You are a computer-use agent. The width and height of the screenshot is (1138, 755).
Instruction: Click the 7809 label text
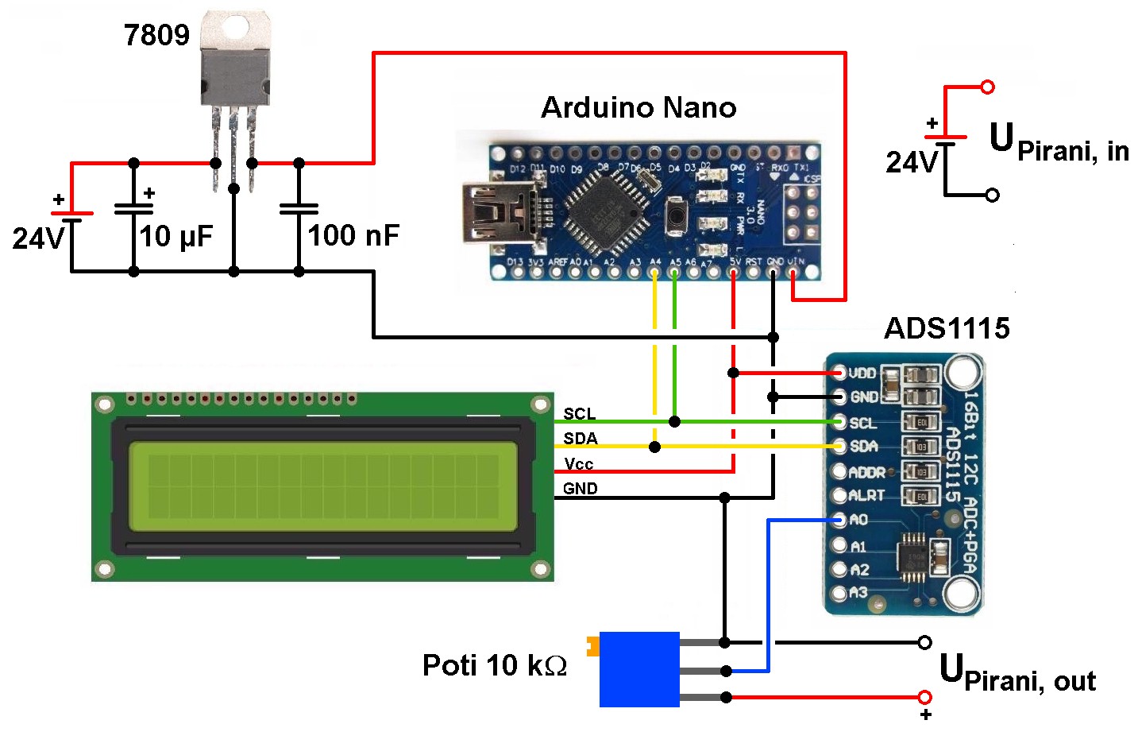tap(156, 35)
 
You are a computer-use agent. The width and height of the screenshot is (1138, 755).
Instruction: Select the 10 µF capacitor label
tap(176, 236)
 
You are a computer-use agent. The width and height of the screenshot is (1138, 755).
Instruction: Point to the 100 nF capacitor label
tap(353, 235)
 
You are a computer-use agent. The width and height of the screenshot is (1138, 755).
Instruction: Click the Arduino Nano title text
tap(638, 107)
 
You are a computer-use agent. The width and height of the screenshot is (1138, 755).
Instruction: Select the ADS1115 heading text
tap(947, 328)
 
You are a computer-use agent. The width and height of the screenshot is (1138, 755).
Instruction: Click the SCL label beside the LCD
tap(579, 414)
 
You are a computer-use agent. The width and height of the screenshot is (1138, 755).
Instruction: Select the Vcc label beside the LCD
tap(579, 463)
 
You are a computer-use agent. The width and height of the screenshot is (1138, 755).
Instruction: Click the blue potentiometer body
tap(639, 669)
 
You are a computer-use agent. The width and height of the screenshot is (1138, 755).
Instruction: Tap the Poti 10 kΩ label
tap(494, 665)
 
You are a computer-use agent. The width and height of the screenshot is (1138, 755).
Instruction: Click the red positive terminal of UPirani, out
tap(924, 697)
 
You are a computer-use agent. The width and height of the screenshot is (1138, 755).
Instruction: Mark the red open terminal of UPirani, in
tap(987, 87)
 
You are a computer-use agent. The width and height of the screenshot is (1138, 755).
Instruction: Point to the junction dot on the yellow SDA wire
tap(654, 447)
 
